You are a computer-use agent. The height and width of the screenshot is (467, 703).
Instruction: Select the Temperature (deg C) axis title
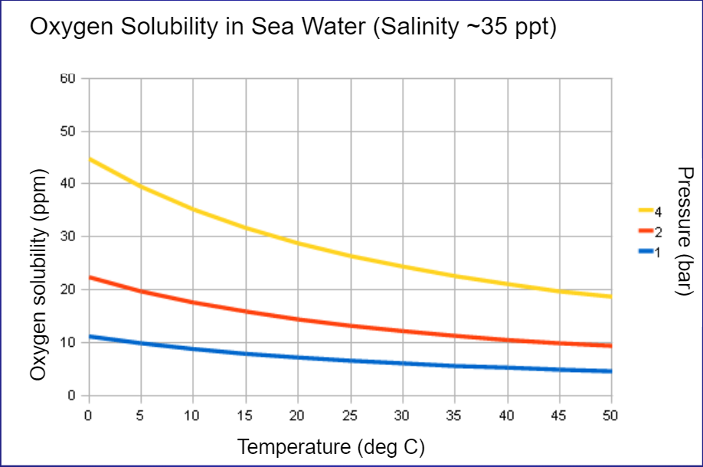click(x=331, y=446)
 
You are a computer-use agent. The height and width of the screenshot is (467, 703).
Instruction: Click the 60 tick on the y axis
click(x=67, y=78)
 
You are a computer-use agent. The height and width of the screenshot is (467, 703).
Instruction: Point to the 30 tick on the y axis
click(x=67, y=237)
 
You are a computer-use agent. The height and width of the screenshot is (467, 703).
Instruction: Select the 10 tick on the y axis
click(x=67, y=342)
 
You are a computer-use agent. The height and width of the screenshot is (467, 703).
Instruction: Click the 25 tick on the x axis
click(x=350, y=415)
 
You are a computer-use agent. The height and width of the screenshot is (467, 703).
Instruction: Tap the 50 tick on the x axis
click(x=610, y=415)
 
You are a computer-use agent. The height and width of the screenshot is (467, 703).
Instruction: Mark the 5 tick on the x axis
click(x=141, y=415)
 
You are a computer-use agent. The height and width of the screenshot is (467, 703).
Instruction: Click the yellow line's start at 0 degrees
click(x=90, y=159)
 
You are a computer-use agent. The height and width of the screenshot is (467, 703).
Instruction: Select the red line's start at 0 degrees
click(x=90, y=277)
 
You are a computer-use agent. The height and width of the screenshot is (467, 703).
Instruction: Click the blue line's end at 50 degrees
click(x=610, y=371)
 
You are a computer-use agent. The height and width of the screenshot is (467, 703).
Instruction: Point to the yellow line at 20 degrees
click(x=298, y=243)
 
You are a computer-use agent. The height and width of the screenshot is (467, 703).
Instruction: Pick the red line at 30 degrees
click(x=402, y=331)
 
